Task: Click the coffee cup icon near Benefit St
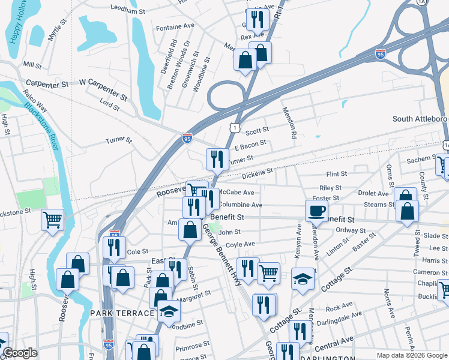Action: pos(316,210)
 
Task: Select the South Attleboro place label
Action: pos(420,119)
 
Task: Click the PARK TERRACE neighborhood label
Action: pos(122,313)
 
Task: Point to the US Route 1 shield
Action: pos(234,126)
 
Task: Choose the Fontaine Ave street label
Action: pos(175,28)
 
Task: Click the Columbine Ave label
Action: pos(241,205)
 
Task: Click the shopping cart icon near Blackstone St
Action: pos(53,220)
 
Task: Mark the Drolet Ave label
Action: pos(373,194)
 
